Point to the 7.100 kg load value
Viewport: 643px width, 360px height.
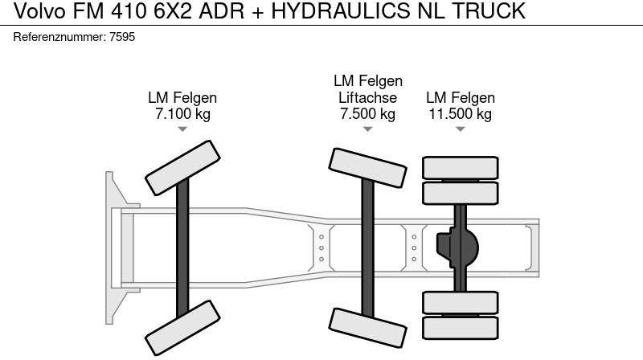click(182, 114)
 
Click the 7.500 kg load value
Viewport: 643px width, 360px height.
click(367, 114)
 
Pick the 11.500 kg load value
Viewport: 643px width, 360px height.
click(460, 114)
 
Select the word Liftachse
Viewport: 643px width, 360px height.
click(367, 98)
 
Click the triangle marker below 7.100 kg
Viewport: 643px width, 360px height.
click(182, 129)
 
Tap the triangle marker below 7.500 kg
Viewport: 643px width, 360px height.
click(367, 129)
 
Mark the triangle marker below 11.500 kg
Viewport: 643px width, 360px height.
click(460, 129)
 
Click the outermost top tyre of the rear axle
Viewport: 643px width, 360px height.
click(461, 168)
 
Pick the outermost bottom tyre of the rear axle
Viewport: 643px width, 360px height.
click(461, 325)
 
